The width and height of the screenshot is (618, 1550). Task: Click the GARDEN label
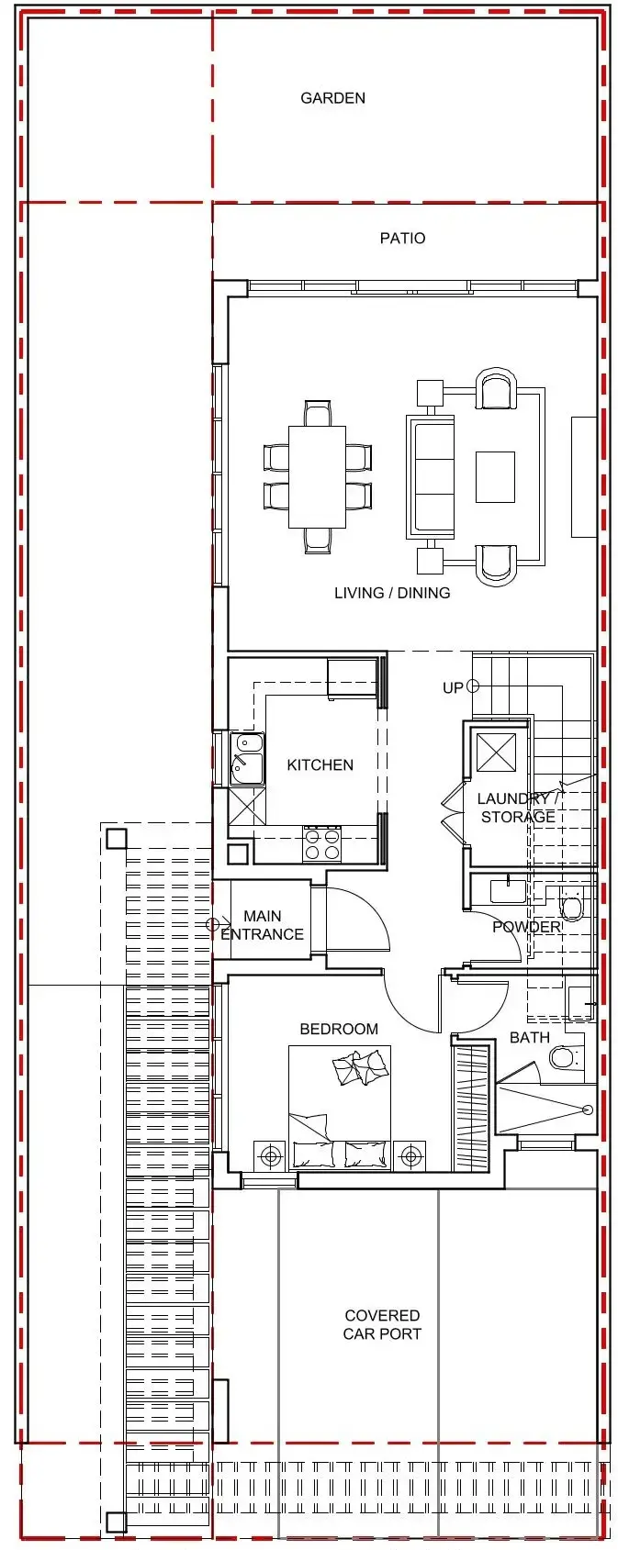333,98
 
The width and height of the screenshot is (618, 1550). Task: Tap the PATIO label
403,238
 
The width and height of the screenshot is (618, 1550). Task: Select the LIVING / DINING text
392,593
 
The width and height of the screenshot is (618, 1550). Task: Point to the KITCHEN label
320,764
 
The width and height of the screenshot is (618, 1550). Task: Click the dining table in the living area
317,477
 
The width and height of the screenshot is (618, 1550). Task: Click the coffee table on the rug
495,477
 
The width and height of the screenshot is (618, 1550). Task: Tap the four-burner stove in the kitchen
321,844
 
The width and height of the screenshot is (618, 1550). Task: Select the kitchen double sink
247,758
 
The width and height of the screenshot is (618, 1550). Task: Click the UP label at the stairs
454,687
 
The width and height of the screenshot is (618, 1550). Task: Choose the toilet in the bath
563,1056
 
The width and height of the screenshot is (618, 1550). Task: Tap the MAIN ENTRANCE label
263,925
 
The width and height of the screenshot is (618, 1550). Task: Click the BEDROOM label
339,1029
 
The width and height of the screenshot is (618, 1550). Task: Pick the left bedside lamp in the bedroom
270,1154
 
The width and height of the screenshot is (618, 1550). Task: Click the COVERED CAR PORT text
382,1324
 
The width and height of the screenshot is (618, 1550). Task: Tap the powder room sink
508,890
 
